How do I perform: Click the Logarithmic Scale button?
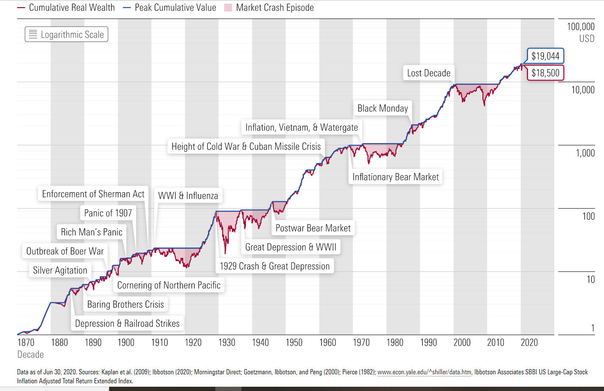coord(66,35)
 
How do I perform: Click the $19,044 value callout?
coord(545,56)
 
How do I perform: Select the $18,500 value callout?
coord(545,73)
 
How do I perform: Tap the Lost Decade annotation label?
coord(428,73)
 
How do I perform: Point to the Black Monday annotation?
coord(383,108)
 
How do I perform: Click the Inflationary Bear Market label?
coord(395,177)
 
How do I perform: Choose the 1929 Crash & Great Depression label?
coord(274,266)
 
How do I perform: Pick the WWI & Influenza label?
coord(188,196)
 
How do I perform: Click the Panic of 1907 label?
coord(108,213)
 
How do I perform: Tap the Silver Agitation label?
coord(60,270)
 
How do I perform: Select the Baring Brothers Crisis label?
coord(125,304)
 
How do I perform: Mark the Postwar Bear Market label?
coord(313,228)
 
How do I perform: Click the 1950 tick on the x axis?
coord(294,343)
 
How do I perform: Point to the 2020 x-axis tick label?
coord(529,343)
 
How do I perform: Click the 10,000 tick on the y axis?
coord(583,90)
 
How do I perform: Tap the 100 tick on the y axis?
coord(588,216)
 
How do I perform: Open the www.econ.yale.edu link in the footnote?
coord(424,372)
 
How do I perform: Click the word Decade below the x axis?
coord(30,355)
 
